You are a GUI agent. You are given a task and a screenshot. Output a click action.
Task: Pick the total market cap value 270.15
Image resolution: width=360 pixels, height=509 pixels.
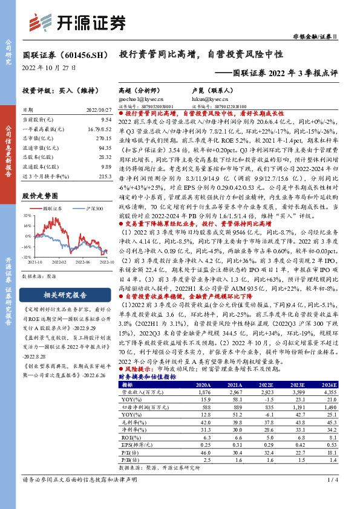[103, 137]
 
